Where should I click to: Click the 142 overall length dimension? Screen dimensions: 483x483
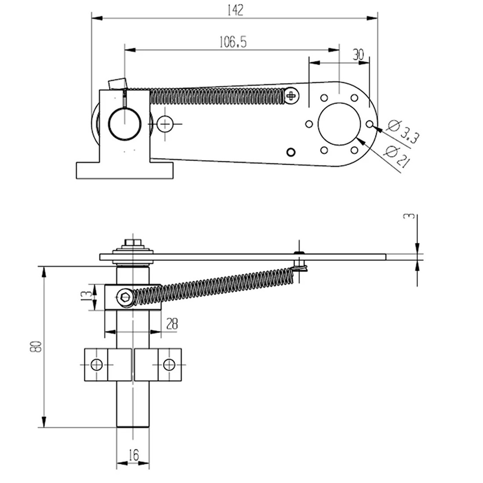[x=236, y=11]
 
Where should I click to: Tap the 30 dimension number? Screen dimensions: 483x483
[x=358, y=54]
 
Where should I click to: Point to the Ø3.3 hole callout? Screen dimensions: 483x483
[x=403, y=132]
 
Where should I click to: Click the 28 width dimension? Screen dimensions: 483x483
[x=172, y=324]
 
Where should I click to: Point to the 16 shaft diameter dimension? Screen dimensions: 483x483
[x=134, y=455]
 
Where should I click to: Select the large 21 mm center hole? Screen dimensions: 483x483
[x=339, y=124]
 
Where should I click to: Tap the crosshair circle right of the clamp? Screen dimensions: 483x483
[x=165, y=125]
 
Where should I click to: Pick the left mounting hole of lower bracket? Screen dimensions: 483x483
[x=96, y=364]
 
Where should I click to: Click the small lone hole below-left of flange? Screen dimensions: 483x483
[x=290, y=152]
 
